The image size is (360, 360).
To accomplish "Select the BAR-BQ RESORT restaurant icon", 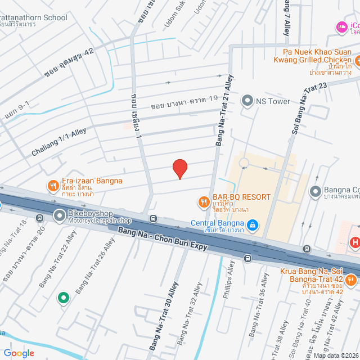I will point(204,201).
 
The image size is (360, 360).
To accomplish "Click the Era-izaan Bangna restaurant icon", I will point(52,185).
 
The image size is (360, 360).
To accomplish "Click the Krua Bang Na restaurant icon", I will point(351,280).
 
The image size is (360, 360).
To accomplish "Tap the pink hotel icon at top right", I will point(341,26).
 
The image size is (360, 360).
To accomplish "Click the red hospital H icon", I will point(355,243).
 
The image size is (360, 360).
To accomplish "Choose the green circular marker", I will point(64,298).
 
